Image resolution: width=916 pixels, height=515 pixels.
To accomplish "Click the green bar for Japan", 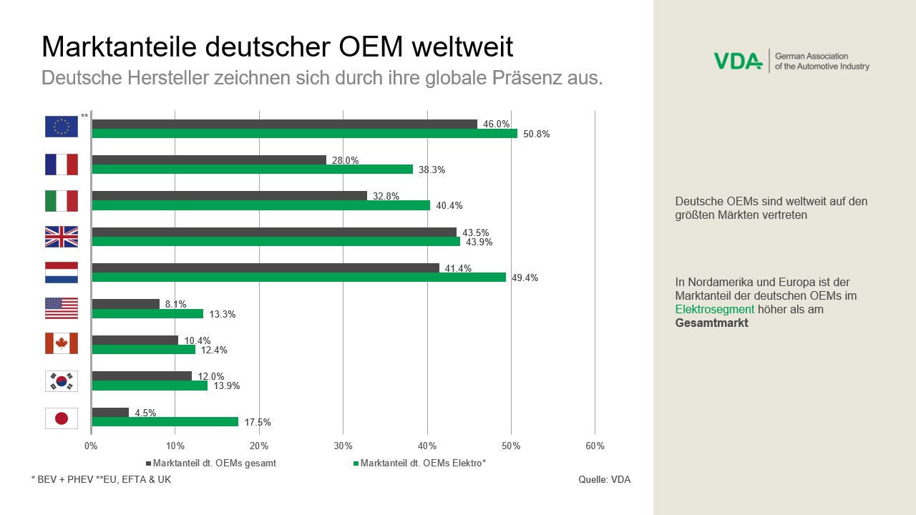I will (x=165, y=422).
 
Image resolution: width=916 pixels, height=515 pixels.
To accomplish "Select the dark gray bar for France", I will (x=209, y=160).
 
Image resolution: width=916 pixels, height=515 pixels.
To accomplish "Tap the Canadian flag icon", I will (x=62, y=344).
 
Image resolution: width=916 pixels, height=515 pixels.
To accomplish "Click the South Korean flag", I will (x=62, y=381).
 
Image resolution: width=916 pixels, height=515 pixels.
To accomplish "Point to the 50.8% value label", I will (x=536, y=134).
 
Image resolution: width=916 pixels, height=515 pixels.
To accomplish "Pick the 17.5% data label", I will (x=257, y=423).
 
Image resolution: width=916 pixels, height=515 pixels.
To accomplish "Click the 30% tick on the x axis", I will (x=343, y=446).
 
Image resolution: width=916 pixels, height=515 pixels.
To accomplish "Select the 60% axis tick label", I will (x=595, y=446).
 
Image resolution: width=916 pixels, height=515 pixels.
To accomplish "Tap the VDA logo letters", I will (x=738, y=62).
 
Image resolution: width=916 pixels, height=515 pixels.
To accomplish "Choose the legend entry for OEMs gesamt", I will (x=214, y=463).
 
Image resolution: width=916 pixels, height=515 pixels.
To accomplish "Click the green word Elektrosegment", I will (x=715, y=310).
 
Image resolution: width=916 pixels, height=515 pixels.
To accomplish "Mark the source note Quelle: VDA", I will (x=604, y=480).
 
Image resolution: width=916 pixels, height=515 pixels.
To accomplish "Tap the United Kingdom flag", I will (x=62, y=237).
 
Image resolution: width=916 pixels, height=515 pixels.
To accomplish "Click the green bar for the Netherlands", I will (x=299, y=278).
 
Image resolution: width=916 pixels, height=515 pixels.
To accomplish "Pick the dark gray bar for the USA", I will (x=126, y=304).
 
